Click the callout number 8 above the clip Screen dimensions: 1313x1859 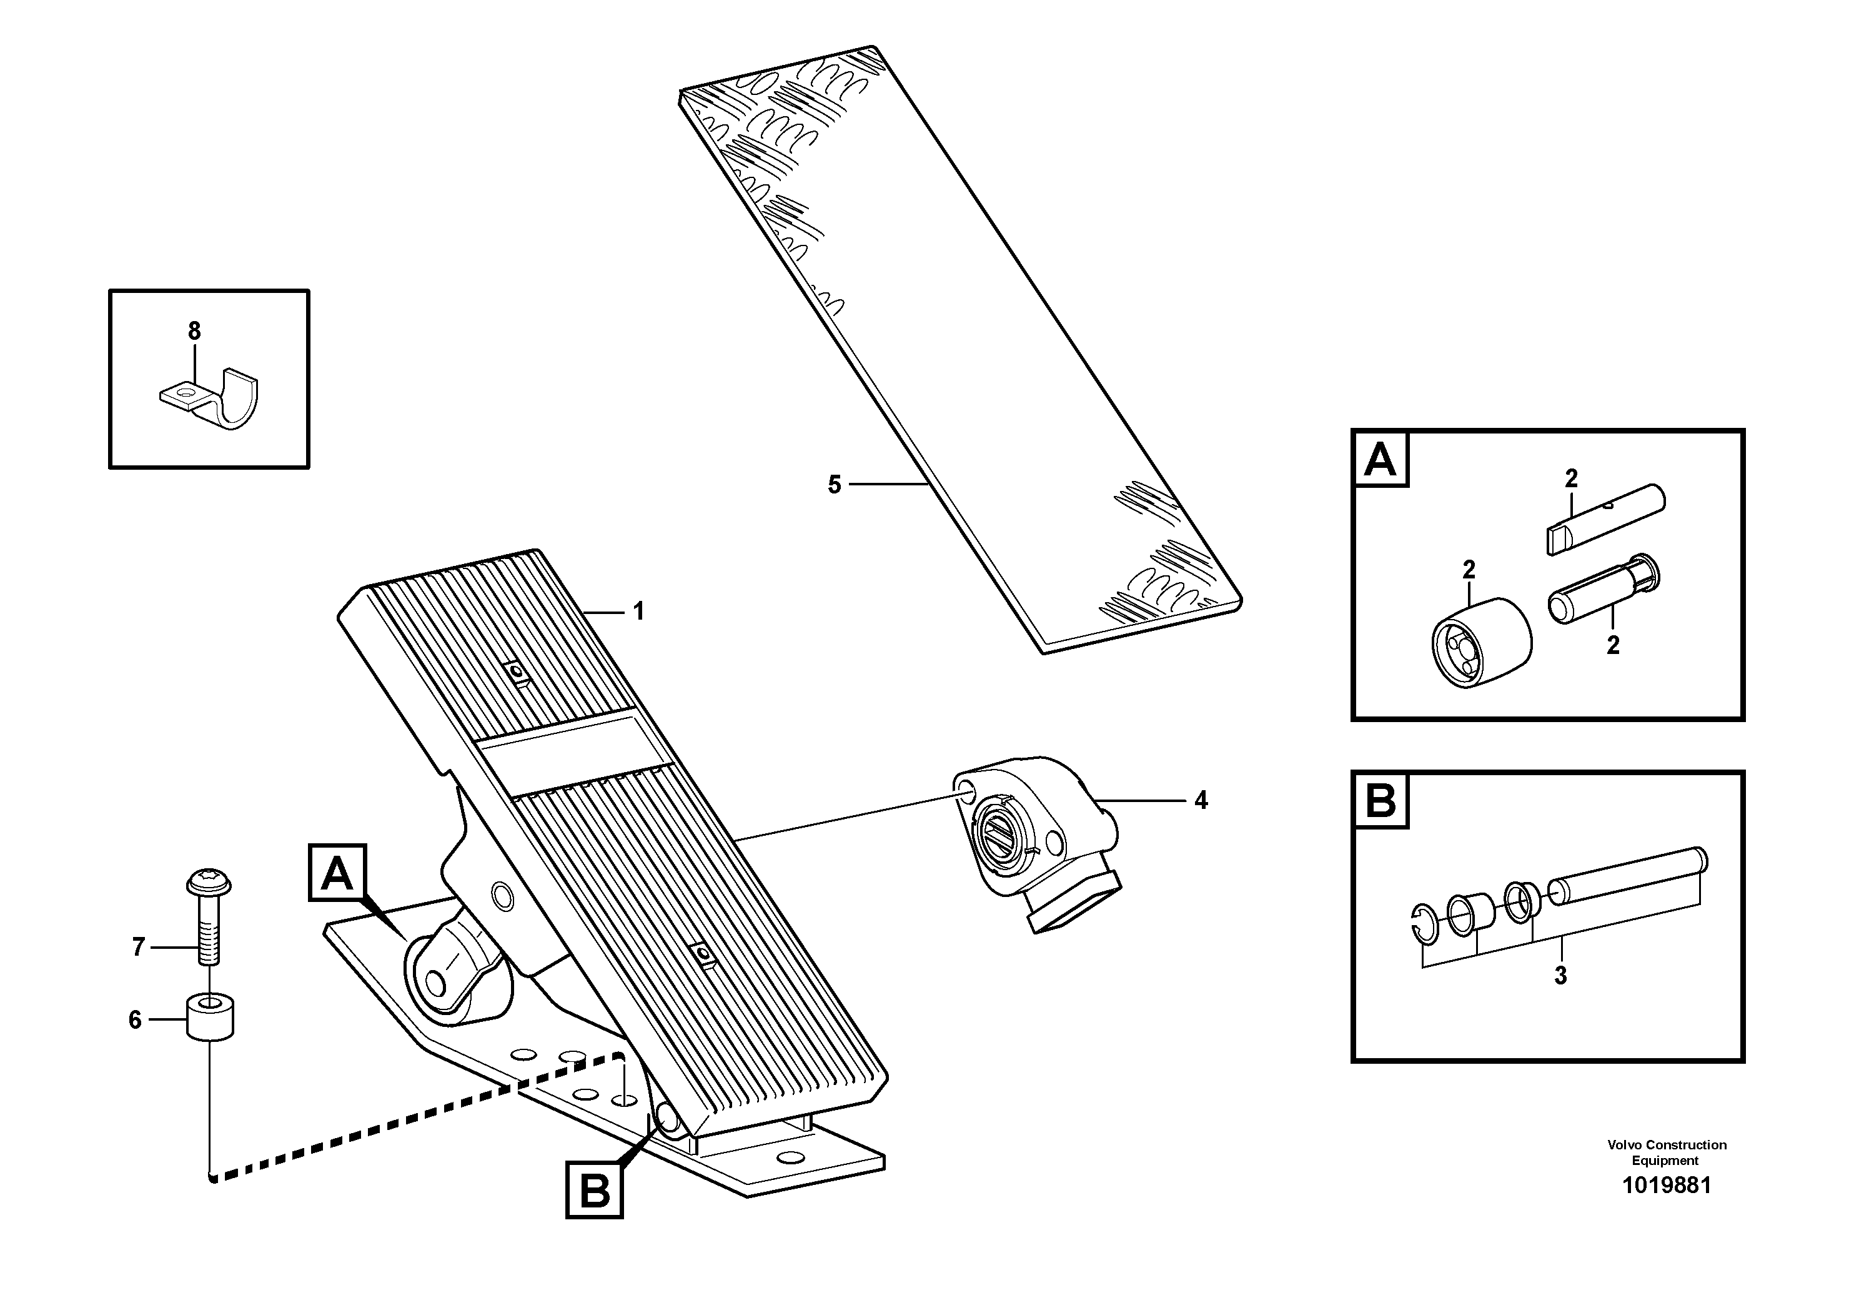click(x=194, y=331)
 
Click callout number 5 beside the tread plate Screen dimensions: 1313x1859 click(x=835, y=485)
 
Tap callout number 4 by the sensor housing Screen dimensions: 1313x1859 click(x=1201, y=801)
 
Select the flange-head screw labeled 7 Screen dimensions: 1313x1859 click(x=209, y=919)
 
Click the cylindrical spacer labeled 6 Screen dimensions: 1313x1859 click(x=211, y=1018)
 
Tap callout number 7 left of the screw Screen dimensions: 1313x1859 click(x=139, y=947)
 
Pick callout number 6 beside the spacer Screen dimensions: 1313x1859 click(x=135, y=1020)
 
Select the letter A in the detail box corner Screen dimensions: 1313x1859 click(x=1381, y=460)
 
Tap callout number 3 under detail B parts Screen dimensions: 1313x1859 click(x=1560, y=976)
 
